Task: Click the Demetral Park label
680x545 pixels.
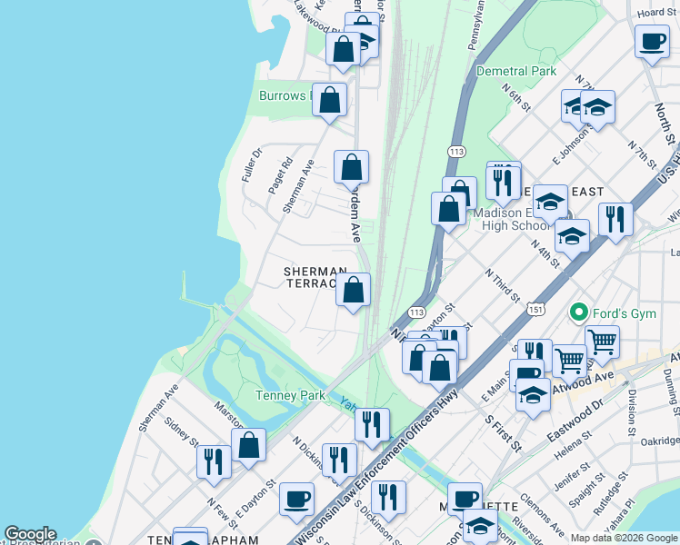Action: tap(518, 71)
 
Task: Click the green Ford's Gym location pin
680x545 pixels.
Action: tap(578, 313)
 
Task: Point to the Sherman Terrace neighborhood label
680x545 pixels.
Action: tap(315, 278)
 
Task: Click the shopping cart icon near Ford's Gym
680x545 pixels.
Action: tap(602, 342)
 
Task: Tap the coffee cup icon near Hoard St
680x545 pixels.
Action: tap(652, 41)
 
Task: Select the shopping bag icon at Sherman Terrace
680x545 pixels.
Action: tap(354, 292)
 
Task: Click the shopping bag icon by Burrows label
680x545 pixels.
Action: tap(330, 100)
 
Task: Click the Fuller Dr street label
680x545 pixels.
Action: tap(251, 164)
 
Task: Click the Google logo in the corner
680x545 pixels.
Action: tap(30, 534)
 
